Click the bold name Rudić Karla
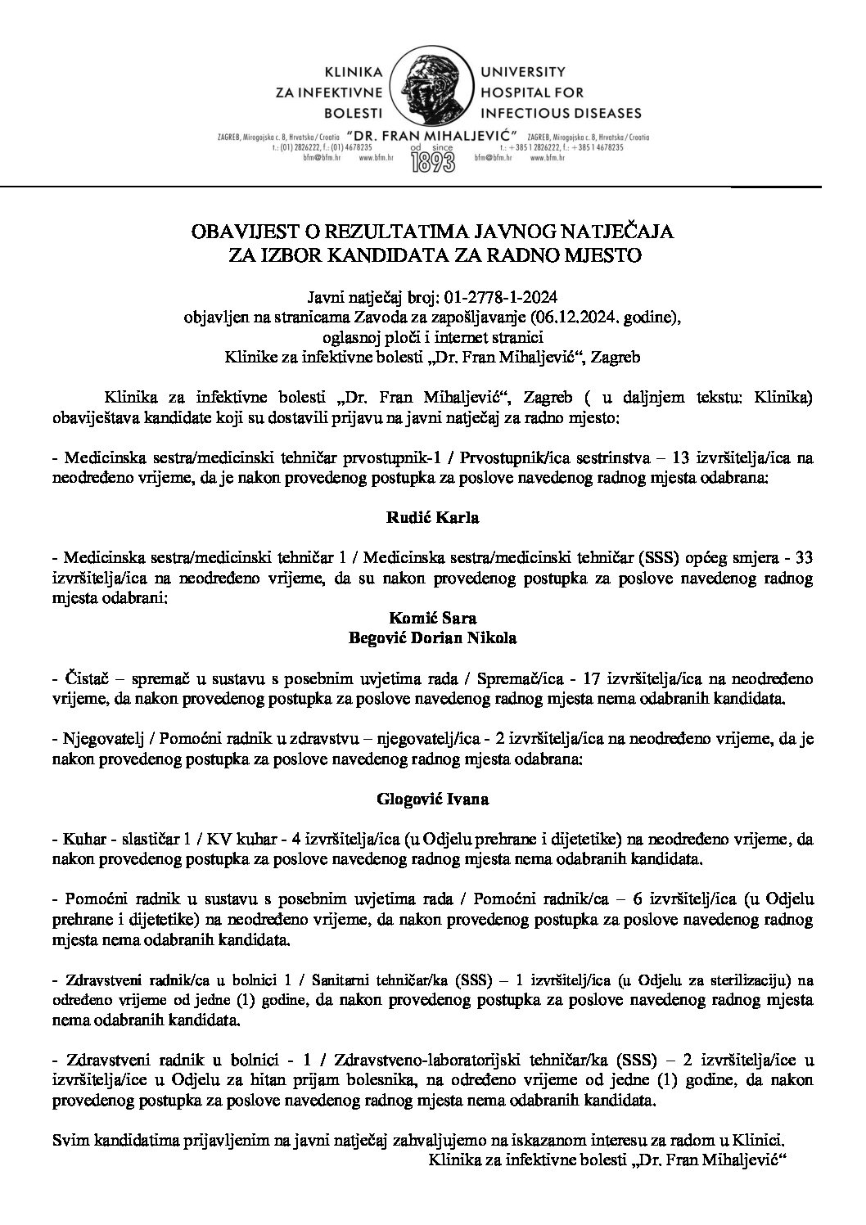coord(432,517)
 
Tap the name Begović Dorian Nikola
coord(432,637)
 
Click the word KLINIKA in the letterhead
coord(354,71)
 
